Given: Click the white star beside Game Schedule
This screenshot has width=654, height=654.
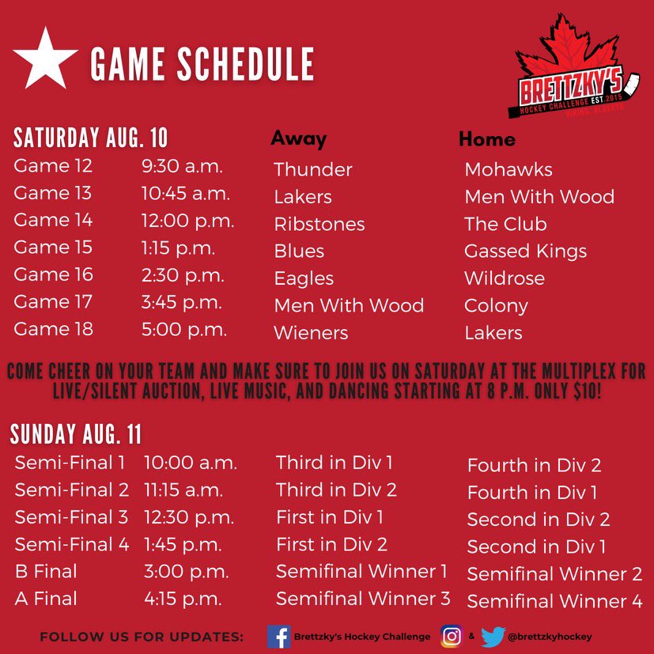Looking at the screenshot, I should click(x=45, y=59).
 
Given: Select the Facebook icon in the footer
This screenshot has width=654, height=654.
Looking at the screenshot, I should click(x=278, y=636).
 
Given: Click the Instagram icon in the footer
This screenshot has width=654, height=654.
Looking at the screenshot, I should click(x=452, y=636).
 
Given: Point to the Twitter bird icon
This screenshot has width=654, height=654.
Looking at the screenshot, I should click(x=493, y=636).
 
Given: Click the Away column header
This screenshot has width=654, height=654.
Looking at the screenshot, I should click(x=298, y=139).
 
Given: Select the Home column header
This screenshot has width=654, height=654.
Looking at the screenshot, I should click(x=486, y=139).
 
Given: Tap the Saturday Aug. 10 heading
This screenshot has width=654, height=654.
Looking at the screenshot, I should click(x=91, y=138).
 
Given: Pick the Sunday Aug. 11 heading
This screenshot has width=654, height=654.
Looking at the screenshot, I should click(x=76, y=434).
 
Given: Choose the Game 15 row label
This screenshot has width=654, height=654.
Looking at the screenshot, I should click(x=53, y=248).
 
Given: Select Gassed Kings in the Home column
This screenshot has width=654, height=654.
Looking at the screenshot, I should click(x=525, y=251).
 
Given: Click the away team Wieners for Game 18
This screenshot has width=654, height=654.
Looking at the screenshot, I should click(x=311, y=333).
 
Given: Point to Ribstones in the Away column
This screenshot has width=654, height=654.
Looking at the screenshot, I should click(x=319, y=224).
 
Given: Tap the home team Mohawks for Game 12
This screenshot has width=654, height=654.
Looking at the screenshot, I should click(x=508, y=169).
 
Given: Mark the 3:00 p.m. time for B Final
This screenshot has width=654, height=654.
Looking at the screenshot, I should click(x=186, y=572).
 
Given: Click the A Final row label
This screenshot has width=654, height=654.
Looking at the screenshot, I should click(x=46, y=599).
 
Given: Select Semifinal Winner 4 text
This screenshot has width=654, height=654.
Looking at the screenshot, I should click(x=554, y=601).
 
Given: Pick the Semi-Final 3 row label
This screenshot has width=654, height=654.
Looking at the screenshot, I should click(x=71, y=518).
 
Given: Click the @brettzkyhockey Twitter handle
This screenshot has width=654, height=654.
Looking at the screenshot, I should click(x=551, y=636).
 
